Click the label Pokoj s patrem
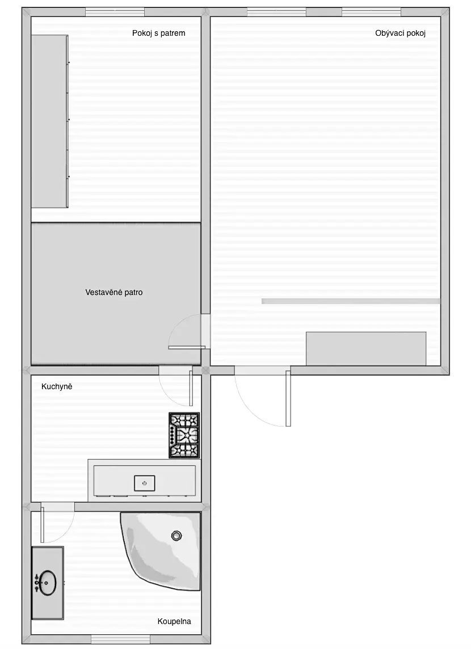click(158, 33)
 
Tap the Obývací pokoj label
click(400, 33)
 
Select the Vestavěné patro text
click(114, 292)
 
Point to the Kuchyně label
click(57, 386)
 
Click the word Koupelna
click(174, 621)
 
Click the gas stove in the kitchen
click(184, 435)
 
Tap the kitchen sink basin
click(145, 483)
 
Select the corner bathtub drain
click(176, 536)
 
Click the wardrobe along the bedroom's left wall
click(50, 121)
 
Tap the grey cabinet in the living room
click(366, 348)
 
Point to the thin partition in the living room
click(351, 301)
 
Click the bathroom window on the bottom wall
click(115, 639)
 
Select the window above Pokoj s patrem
click(115, 12)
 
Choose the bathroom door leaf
click(42, 523)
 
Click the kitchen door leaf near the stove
click(191, 388)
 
